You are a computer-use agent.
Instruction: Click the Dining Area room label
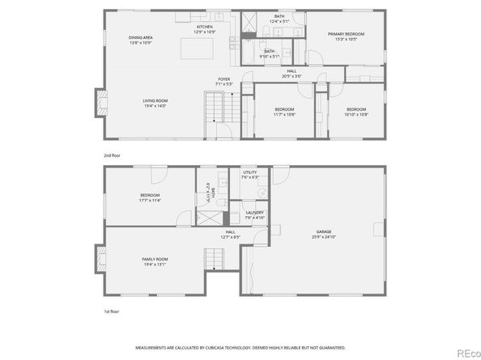(141, 40)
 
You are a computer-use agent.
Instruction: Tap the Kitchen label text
(204, 28)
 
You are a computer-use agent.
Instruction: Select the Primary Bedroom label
(346, 36)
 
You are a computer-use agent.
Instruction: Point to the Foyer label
(224, 82)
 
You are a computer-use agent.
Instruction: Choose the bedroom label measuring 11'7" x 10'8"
(283, 112)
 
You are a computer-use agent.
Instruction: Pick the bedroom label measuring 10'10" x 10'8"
(357, 112)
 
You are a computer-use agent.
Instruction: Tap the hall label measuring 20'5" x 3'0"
(291, 73)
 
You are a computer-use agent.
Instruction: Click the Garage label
(325, 235)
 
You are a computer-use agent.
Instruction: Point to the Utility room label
(250, 175)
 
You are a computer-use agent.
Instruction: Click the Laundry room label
(255, 215)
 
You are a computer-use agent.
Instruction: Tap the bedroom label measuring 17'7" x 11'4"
(150, 197)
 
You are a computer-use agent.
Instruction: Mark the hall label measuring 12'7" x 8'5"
(230, 235)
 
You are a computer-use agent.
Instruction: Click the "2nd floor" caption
(113, 154)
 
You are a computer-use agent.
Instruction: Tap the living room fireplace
(100, 102)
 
